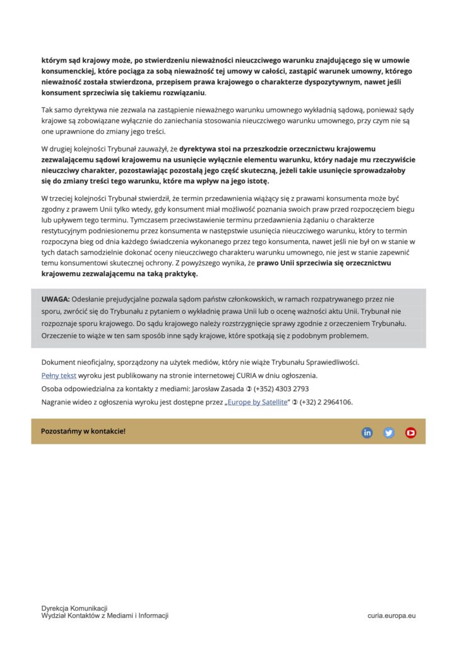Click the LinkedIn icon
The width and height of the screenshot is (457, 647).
pyautogui.click(x=367, y=432)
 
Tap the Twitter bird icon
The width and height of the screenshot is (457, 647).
pyautogui.click(x=389, y=432)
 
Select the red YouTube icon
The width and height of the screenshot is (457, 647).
pyautogui.click(x=411, y=432)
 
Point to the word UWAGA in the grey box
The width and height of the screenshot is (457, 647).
pyautogui.click(x=56, y=299)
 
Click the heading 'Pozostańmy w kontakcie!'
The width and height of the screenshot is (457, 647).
pyautogui.click(x=83, y=431)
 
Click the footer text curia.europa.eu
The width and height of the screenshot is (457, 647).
pyautogui.click(x=391, y=615)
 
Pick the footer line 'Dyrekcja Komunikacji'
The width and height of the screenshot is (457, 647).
pyautogui.click(x=74, y=608)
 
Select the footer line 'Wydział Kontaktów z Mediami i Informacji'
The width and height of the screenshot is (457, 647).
pyautogui.click(x=105, y=615)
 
